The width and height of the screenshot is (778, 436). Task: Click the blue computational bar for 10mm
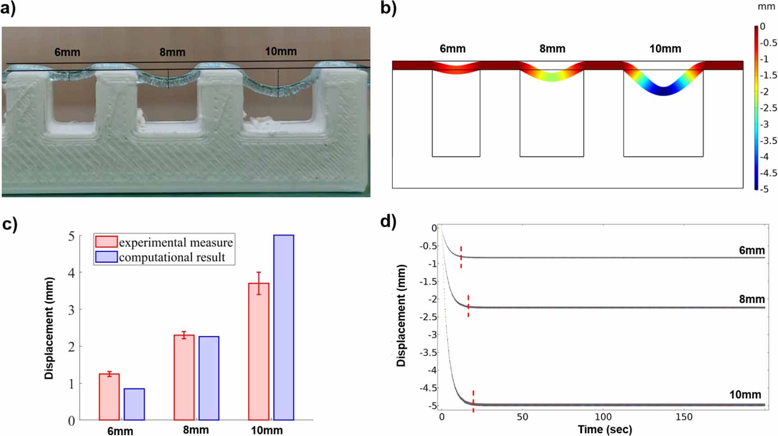click(283, 328)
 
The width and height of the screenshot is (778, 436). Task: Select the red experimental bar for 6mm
click(109, 397)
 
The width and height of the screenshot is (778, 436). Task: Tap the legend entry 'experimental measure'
click(175, 243)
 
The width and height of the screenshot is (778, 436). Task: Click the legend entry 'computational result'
click(172, 257)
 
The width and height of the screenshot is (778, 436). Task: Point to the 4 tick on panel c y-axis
click(71, 273)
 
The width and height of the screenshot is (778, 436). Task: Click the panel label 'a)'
click(8, 9)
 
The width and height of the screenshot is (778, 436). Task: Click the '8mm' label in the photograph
click(172, 52)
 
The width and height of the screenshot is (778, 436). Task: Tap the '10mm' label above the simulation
click(665, 49)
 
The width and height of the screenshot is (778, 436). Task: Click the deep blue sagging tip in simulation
click(663, 92)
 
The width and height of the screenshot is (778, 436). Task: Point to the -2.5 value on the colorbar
click(768, 108)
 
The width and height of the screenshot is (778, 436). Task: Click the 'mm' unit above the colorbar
click(766, 7)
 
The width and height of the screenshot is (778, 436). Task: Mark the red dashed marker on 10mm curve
click(473, 401)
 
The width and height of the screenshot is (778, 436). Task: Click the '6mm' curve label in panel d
click(751, 250)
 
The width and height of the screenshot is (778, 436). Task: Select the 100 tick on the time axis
click(603, 417)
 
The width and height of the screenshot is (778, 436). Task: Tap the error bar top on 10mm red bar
click(258, 272)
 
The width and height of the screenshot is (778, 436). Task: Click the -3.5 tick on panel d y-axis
click(428, 352)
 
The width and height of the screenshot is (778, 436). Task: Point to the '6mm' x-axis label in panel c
click(120, 431)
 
